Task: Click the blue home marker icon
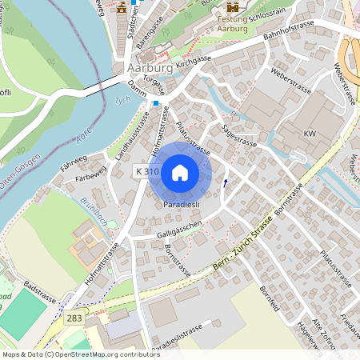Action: coord(180,172)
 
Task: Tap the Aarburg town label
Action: coord(146,69)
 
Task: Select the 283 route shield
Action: coord(74,318)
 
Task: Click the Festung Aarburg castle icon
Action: coord(233,7)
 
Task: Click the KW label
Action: coord(310,132)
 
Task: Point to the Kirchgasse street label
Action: coord(194,60)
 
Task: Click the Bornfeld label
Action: coord(270,299)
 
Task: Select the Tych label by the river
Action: coord(122,100)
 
